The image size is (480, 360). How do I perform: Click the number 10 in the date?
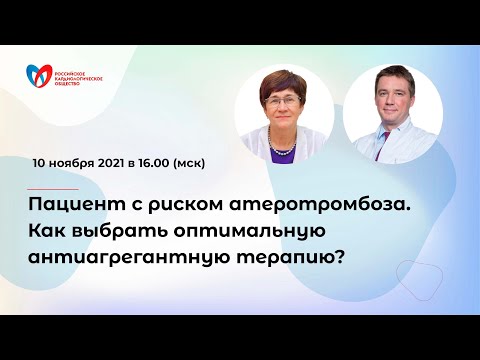(40, 161)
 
